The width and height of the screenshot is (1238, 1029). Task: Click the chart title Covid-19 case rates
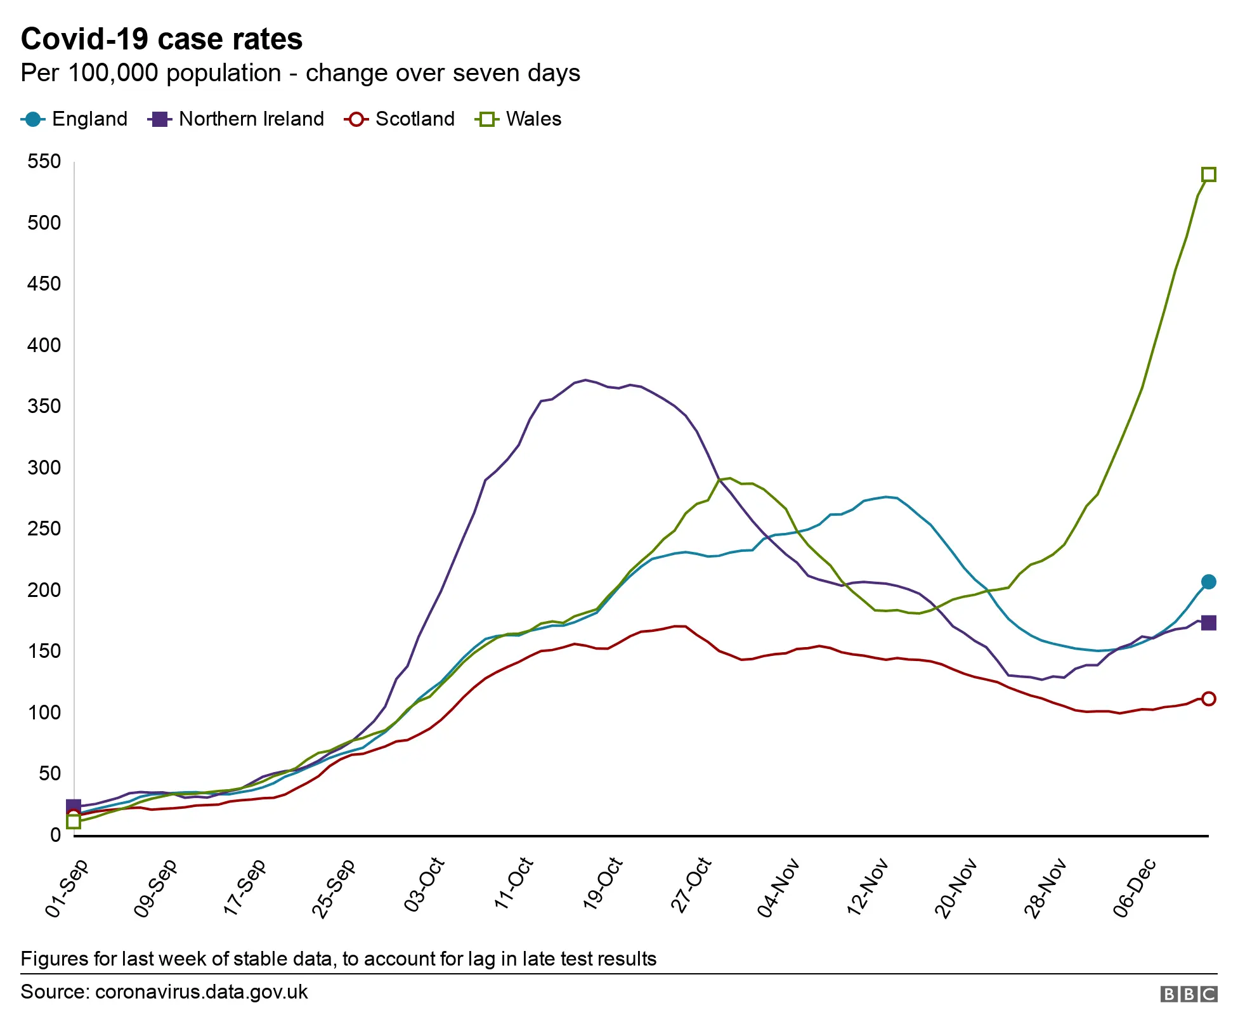point(162,39)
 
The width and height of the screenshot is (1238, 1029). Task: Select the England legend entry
point(75,119)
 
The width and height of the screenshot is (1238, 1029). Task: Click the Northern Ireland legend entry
point(237,119)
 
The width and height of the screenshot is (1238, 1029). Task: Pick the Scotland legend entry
point(400,119)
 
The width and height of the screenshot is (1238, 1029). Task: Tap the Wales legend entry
point(519,119)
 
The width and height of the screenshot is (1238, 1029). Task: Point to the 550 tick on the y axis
point(44,162)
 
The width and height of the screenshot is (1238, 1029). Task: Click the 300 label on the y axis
point(44,468)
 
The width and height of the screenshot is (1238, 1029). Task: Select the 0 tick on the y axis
point(56,836)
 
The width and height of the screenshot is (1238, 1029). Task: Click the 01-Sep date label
point(67,888)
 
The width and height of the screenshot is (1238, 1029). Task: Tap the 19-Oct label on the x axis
point(603,884)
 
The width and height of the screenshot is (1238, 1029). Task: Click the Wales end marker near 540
point(1209,174)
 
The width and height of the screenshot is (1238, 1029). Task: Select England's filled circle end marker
point(1209,582)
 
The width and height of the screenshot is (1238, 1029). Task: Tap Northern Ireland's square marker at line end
point(1209,623)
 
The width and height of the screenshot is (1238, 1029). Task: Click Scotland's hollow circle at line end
point(1209,699)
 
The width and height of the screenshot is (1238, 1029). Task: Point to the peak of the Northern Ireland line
point(585,380)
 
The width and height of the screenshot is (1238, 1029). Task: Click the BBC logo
point(1188,994)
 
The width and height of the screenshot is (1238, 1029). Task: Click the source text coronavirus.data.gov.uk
point(201,992)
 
